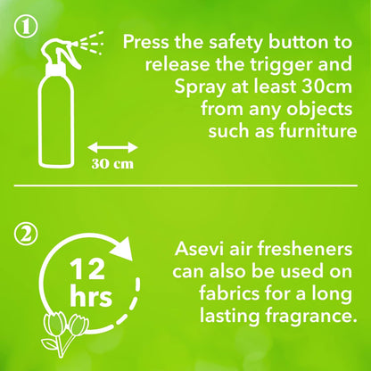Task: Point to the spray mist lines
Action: [94, 41]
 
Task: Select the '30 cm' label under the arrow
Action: [111, 163]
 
